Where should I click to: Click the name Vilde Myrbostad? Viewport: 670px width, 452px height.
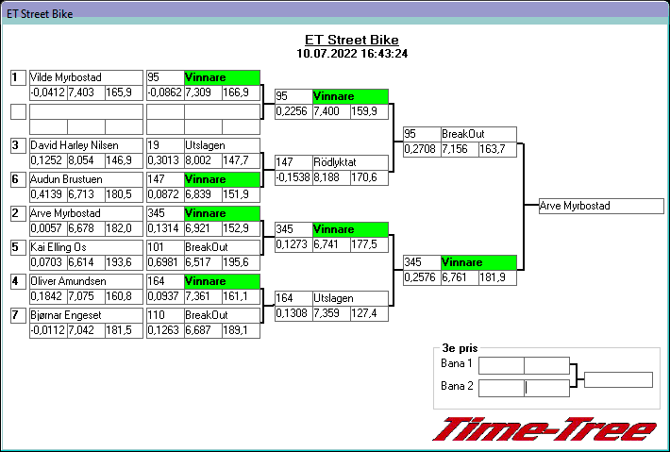pyautogui.click(x=66, y=77)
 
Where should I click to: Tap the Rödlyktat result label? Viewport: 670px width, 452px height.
pyautogui.click(x=334, y=162)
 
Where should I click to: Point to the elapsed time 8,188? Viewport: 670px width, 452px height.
pyautogui.click(x=327, y=176)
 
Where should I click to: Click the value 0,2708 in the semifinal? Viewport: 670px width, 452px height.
pyautogui.click(x=420, y=149)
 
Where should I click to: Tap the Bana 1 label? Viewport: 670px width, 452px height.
pyautogui.click(x=457, y=364)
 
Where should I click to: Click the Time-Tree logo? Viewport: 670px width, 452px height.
pyautogui.click(x=544, y=430)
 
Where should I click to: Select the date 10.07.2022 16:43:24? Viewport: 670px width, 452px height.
pyautogui.click(x=351, y=54)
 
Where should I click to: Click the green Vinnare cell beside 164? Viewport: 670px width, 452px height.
pyautogui.click(x=222, y=281)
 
